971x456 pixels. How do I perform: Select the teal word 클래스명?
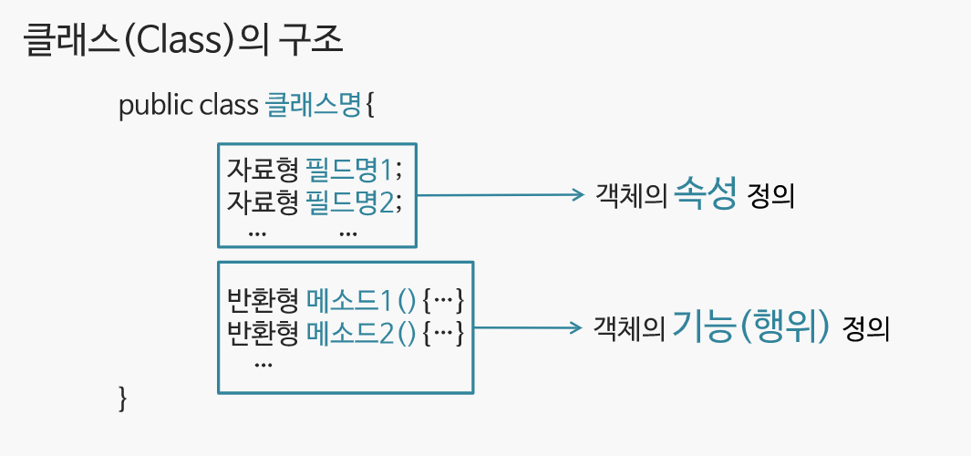pos(313,106)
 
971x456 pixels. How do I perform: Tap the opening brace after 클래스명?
pos(370,106)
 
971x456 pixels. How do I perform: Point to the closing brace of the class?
pos(124,398)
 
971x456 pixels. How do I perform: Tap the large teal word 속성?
pos(704,194)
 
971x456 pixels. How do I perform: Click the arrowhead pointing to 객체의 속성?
pos(576,194)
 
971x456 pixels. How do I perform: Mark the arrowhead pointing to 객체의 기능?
pos(576,326)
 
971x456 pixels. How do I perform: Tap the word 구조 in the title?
pos(311,42)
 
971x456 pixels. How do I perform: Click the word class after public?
pos(228,106)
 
